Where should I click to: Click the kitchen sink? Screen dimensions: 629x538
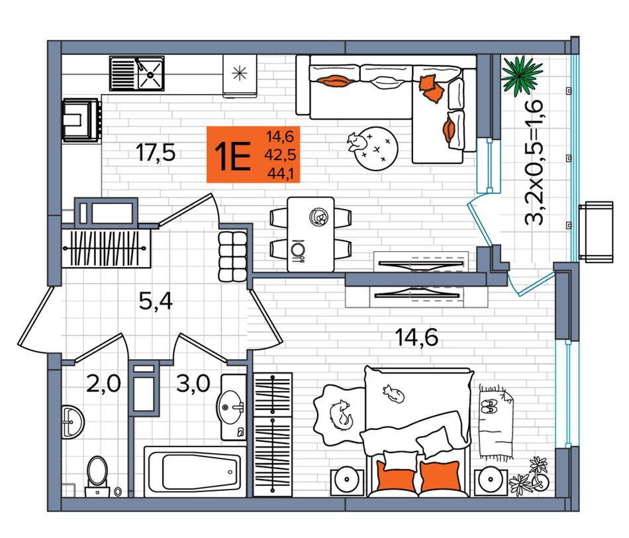137,74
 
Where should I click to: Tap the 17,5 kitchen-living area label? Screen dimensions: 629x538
156,152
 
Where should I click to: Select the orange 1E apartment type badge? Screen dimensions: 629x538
253,154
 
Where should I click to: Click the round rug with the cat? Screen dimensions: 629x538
376,148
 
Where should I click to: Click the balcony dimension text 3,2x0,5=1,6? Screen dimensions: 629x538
535,162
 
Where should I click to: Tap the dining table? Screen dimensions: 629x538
311,234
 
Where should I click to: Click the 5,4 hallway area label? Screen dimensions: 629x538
156,301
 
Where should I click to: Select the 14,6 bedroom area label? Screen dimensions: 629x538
416,337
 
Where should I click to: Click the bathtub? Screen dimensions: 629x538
195,471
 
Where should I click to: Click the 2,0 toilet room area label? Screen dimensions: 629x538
103,384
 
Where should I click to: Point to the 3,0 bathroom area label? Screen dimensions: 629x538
193,384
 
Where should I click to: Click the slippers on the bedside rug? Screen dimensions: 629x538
488,407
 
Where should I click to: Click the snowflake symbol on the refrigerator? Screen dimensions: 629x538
240,73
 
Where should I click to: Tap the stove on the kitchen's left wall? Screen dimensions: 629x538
81,120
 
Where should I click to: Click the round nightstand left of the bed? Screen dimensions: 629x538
348,481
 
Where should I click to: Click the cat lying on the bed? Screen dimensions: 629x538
393,394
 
